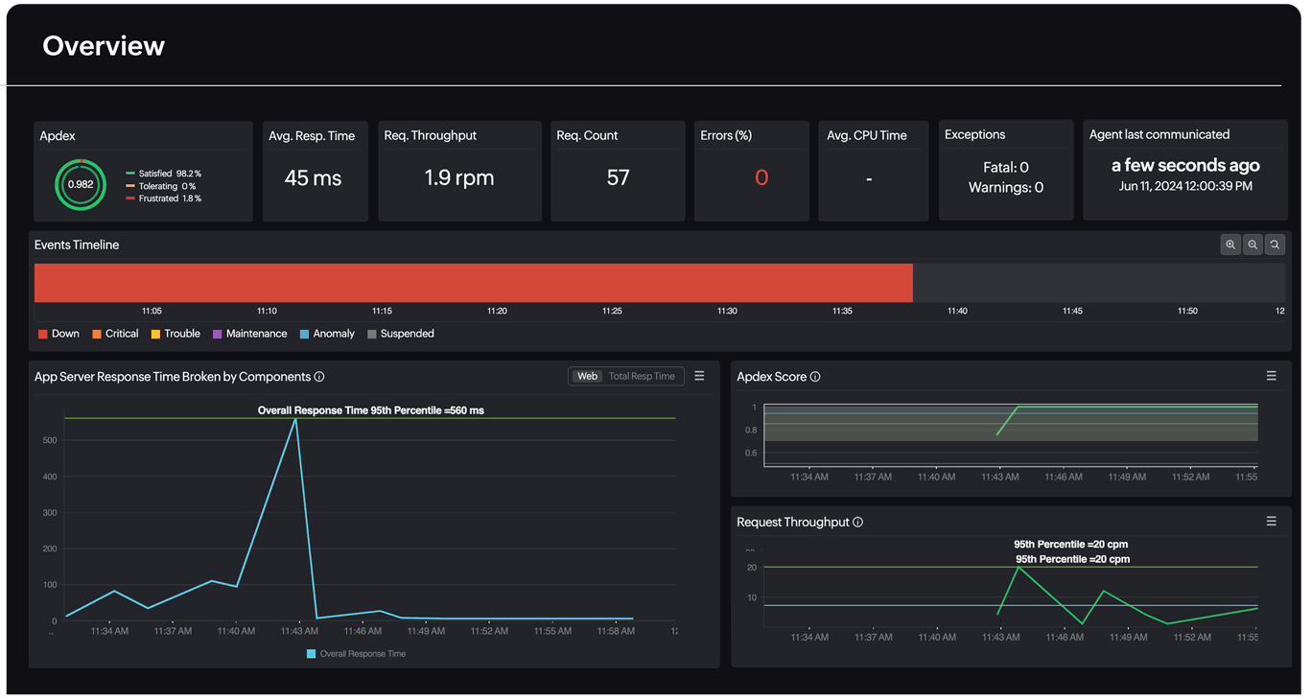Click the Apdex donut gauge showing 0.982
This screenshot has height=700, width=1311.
81,184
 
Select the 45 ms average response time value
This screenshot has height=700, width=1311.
314,178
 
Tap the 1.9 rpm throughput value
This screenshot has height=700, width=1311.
459,178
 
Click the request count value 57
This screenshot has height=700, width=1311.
618,178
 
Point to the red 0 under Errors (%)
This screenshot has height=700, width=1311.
761,178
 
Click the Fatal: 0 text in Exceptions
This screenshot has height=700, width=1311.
1005,168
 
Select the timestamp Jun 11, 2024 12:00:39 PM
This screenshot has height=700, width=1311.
1185,186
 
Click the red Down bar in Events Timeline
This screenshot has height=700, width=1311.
473,283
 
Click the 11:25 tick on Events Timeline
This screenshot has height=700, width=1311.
612,311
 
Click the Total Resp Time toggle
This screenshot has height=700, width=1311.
642,377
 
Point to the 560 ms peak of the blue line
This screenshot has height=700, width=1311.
295,420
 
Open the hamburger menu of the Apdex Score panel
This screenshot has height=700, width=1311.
1271,377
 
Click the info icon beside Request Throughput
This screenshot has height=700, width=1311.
858,523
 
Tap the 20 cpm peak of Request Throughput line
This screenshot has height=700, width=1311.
1018,568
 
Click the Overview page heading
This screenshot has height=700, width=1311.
104,46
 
